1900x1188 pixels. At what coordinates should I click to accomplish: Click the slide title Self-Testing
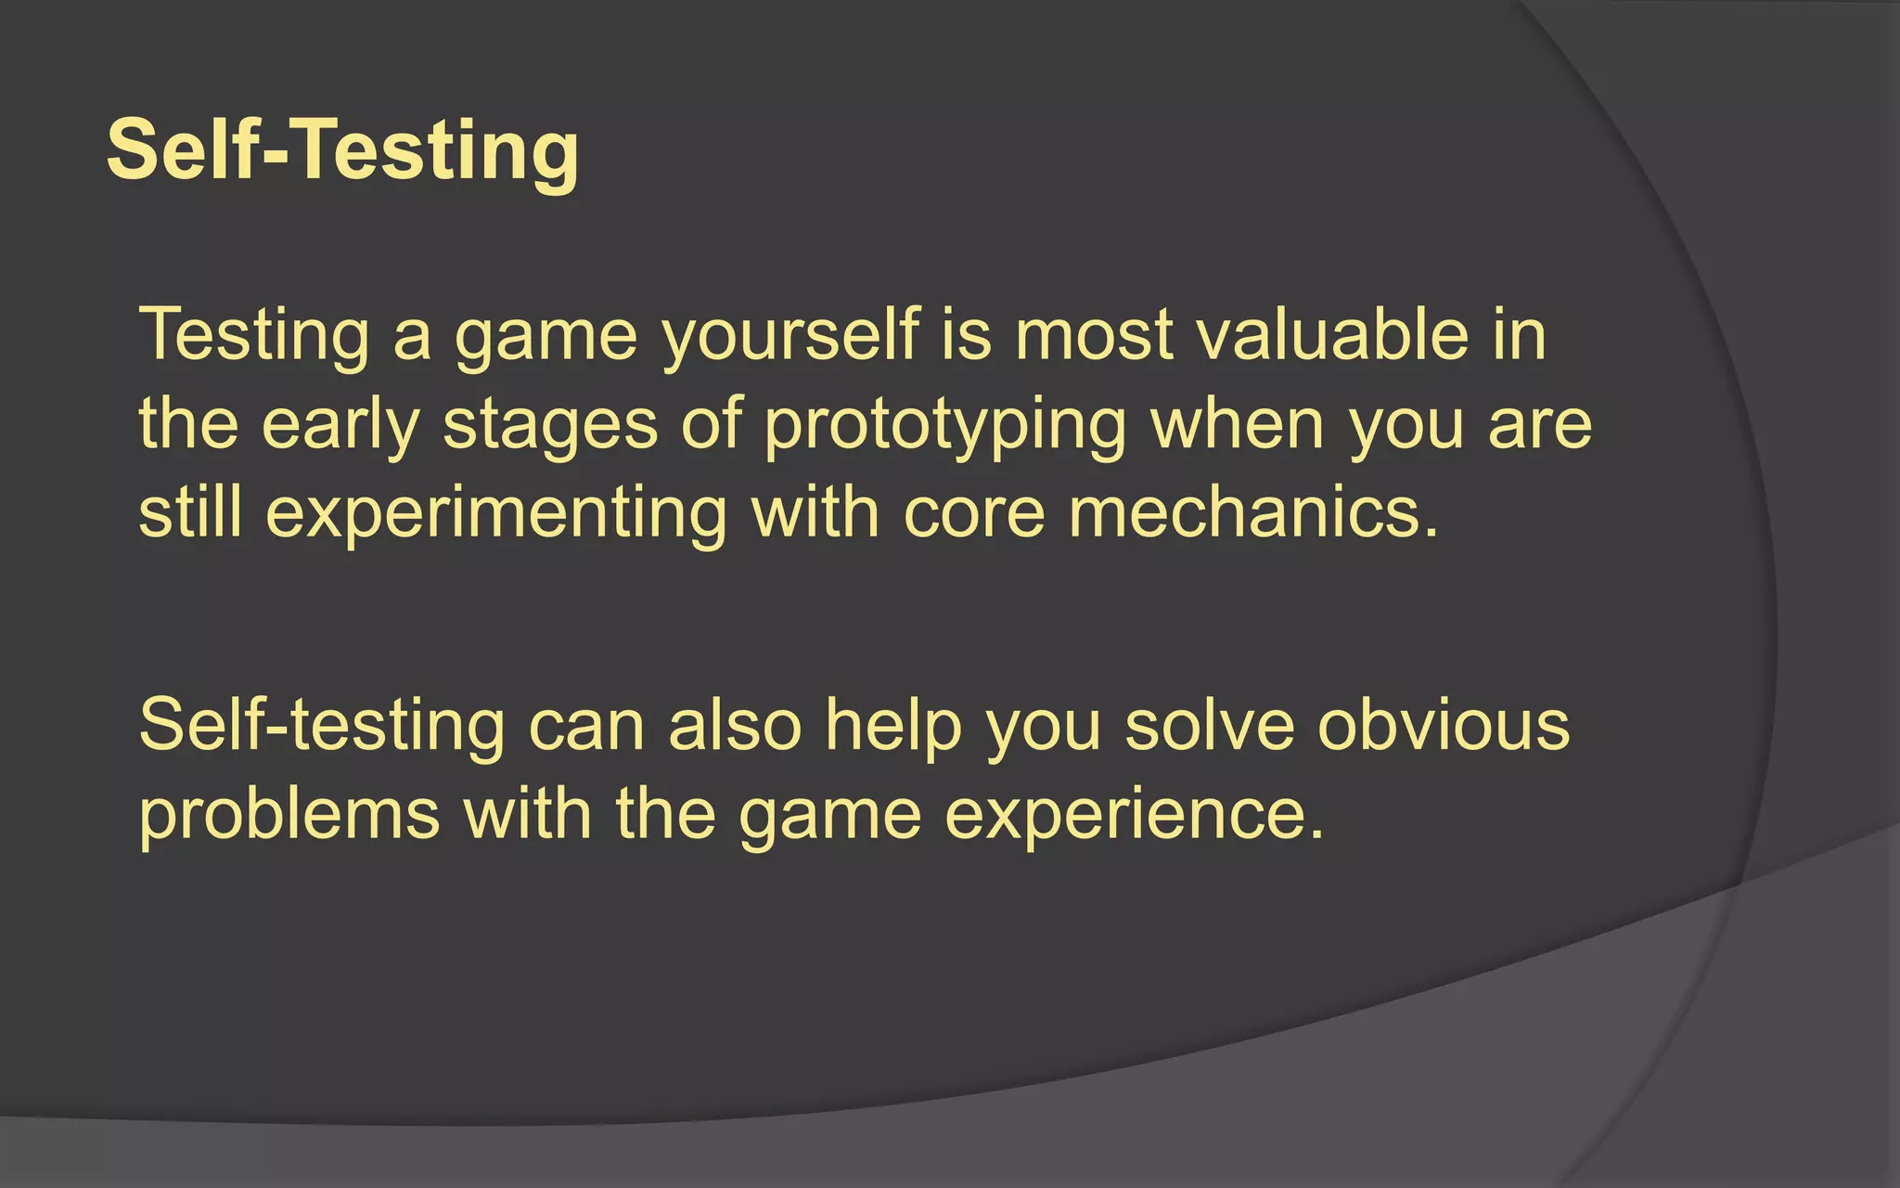click(343, 150)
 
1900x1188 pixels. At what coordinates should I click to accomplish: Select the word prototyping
click(944, 425)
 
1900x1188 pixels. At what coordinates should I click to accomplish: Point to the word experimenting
click(496, 514)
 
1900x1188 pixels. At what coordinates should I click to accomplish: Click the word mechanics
click(1252, 512)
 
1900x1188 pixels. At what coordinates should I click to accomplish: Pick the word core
click(973, 514)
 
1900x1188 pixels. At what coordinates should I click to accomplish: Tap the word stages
click(550, 425)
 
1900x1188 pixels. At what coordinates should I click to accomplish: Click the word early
click(340, 425)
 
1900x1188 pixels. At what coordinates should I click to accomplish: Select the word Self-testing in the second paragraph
click(322, 725)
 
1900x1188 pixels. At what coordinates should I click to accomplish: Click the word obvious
click(1444, 725)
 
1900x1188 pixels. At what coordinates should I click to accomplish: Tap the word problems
click(289, 816)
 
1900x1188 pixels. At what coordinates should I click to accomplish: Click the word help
click(893, 725)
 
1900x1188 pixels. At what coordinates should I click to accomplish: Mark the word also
click(735, 725)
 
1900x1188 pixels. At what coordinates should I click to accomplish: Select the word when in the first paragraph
click(1238, 425)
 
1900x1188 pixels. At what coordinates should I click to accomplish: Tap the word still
click(190, 512)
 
